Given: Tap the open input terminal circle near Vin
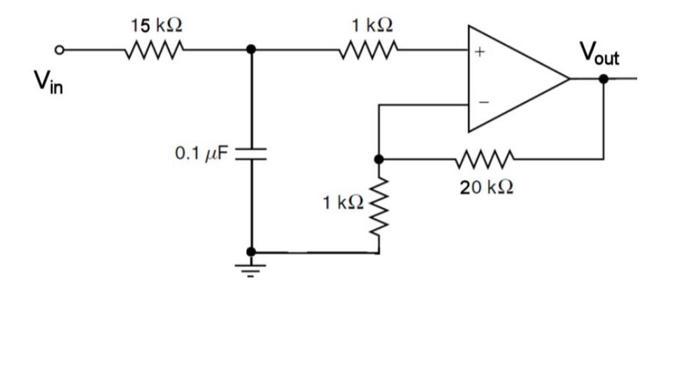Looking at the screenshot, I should click(x=61, y=50).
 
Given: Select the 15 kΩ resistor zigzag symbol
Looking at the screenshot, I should click(x=155, y=50).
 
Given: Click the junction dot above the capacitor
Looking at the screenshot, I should click(x=251, y=50).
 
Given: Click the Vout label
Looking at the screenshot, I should click(x=599, y=53).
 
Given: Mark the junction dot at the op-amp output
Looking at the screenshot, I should click(x=604, y=78).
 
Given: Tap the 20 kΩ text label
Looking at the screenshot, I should click(x=487, y=188).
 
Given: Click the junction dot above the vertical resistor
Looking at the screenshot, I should click(x=378, y=159).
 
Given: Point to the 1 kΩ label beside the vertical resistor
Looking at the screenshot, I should click(x=343, y=203).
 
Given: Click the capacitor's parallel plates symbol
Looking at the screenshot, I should click(x=251, y=153).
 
